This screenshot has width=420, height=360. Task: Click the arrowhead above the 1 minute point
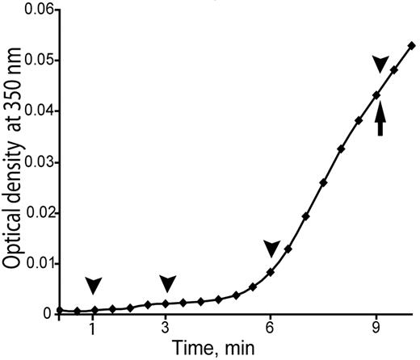click(94, 285)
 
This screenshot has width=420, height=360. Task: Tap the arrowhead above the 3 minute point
click(167, 283)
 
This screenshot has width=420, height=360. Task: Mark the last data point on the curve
click(412, 46)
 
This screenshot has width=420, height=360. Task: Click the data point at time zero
click(59, 311)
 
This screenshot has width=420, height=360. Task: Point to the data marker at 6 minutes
click(271, 272)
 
